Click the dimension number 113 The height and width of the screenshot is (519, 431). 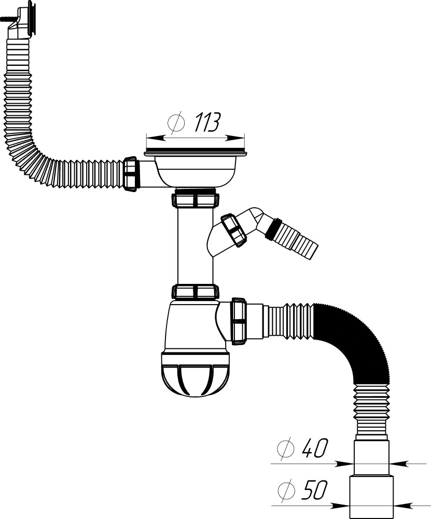coord(207,122)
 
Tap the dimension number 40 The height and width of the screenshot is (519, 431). coord(315,448)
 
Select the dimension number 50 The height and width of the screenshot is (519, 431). coord(314,490)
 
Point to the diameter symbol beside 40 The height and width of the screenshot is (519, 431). coord(285,448)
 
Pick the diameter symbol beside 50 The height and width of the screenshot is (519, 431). coord(286,490)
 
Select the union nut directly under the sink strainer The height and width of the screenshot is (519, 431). coord(195,200)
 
